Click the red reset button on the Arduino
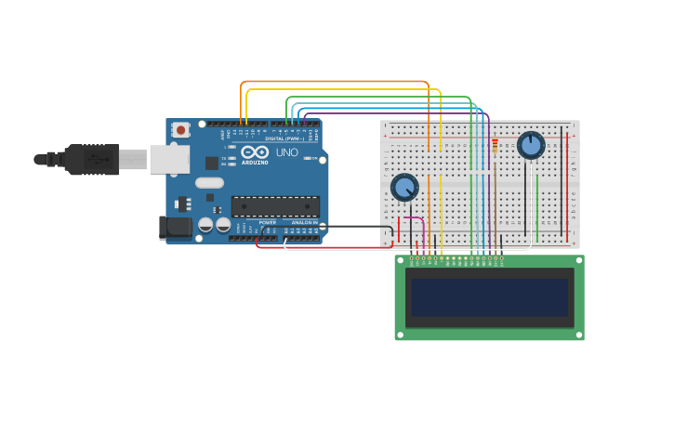tap(180, 130)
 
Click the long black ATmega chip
tap(275, 206)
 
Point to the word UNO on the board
tap(286, 152)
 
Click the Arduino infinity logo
tap(255, 152)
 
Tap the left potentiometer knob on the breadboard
tap(404, 187)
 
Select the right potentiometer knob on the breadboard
tap(531, 145)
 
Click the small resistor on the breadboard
tap(495, 146)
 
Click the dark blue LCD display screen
tap(490, 297)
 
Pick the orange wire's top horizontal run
tap(335, 82)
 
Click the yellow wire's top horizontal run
tap(344, 89)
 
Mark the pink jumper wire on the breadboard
tap(415, 219)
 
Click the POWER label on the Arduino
tap(267, 223)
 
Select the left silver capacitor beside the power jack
tap(205, 225)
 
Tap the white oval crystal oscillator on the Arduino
tap(209, 183)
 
